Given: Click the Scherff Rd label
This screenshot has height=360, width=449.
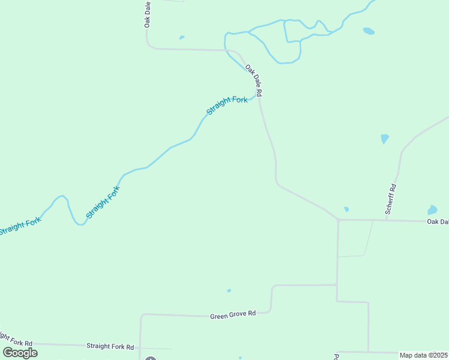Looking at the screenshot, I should point(391,199).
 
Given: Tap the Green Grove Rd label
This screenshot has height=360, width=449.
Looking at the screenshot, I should point(233,314).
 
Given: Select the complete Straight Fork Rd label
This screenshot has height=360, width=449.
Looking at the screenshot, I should point(110,346).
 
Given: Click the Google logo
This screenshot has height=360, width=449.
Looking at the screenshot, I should point(20,352).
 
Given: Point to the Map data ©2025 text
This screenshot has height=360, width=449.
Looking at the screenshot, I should point(424,355).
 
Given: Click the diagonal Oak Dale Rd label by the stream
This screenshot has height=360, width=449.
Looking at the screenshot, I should point(255,82).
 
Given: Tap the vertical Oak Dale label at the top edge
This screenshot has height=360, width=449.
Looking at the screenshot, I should point(147,13).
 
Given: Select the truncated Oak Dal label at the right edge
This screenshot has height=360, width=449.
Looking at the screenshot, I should point(438,221).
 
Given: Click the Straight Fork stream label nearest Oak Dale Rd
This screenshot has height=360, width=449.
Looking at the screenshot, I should point(226,106).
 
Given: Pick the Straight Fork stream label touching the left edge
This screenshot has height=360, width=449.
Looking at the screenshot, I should point(20,227).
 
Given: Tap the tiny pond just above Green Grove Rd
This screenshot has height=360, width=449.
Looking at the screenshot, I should point(229,291).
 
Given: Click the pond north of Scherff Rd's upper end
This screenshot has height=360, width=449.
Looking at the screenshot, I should point(385,139).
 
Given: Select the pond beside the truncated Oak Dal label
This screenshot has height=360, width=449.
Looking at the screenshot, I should point(432,210).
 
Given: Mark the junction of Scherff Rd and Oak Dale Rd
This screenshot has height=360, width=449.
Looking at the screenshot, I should point(387,220).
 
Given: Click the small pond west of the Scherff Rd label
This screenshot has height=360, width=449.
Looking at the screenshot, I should point(346,209).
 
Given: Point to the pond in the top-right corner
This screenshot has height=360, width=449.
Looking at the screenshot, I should point(369,31).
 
